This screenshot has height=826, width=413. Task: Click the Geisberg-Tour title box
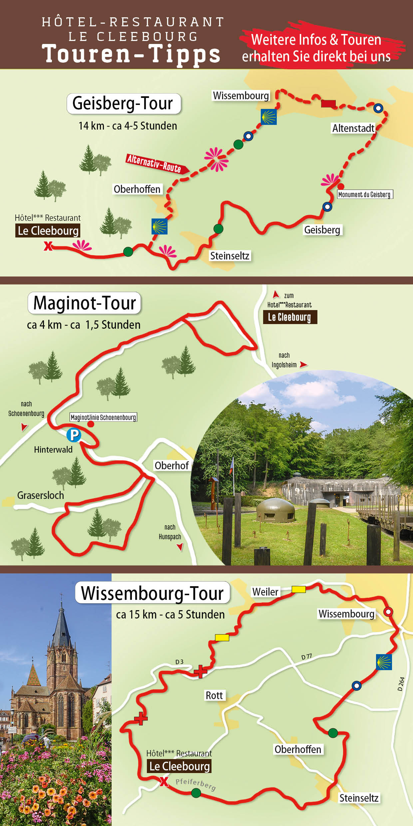click(124, 104)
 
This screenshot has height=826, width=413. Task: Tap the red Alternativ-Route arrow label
click(157, 164)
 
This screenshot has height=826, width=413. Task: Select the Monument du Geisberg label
click(365, 195)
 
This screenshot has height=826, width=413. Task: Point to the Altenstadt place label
click(353, 128)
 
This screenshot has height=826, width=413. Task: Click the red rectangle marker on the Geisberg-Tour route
click(328, 104)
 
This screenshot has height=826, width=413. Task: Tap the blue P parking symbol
click(74, 435)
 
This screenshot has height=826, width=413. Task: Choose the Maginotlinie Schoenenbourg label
click(103, 417)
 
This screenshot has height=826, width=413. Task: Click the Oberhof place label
click(172, 466)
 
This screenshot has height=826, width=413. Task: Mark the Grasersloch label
click(41, 496)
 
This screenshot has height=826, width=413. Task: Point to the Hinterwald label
click(53, 450)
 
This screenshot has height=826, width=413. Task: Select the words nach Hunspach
click(170, 532)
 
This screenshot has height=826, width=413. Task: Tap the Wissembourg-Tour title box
click(153, 594)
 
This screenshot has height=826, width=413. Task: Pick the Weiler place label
click(265, 592)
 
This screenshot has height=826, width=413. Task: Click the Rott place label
click(214, 695)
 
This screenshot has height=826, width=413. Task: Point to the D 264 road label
click(401, 684)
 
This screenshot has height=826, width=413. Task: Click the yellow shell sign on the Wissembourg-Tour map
click(384, 662)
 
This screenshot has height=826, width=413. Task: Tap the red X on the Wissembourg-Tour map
click(164, 781)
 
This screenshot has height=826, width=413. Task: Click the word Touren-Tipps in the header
click(131, 54)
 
